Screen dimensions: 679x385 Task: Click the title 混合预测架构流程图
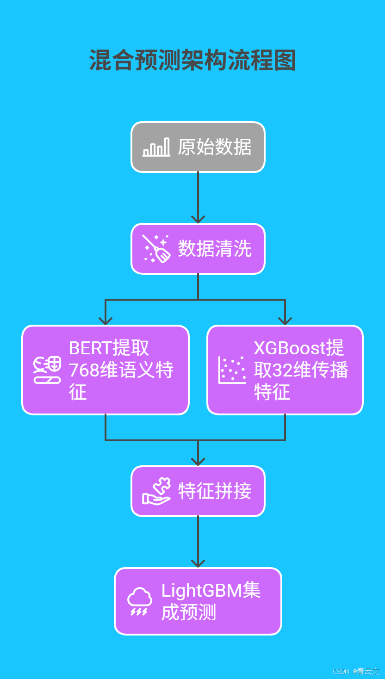[192, 61]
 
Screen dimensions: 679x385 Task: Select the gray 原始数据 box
[198, 147]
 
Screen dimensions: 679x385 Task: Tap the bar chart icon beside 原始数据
[156, 148]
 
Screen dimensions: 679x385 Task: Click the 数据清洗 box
[198, 249]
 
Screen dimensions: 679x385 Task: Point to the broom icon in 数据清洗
[156, 249]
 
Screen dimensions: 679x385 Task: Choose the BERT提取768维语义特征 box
[106, 370]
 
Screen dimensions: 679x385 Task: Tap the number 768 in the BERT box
[84, 370]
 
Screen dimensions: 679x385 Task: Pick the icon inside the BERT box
[47, 370]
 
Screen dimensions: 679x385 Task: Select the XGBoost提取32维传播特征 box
[285, 370]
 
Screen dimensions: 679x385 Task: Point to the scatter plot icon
[232, 370]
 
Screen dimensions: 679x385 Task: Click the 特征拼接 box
[198, 491]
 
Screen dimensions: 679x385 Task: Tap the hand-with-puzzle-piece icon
[156, 491]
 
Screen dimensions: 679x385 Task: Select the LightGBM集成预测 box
[198, 601]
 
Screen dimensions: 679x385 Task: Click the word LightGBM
[198, 591]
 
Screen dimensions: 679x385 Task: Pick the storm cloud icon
[139, 601]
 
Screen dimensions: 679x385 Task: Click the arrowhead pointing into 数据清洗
[198, 219]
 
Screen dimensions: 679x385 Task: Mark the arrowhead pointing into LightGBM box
[198, 563]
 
